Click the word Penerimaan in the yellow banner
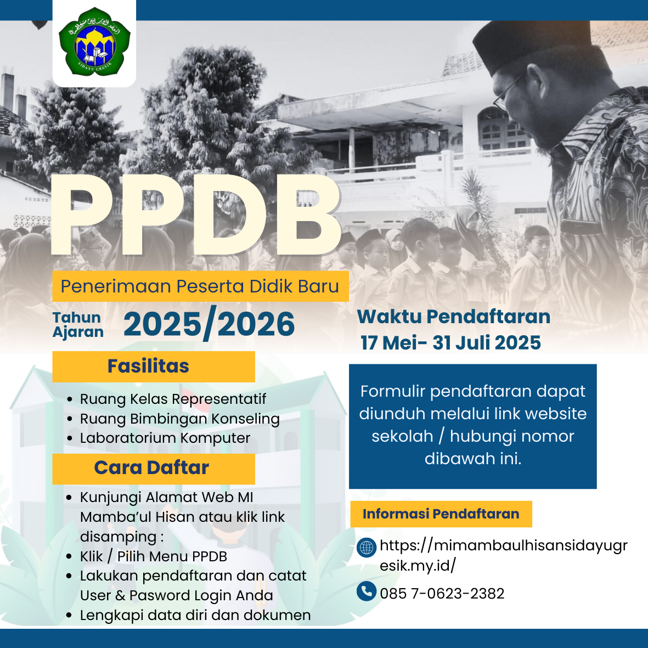(116, 286)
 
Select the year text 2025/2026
(209, 324)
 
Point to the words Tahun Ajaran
(78, 325)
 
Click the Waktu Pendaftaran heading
(454, 317)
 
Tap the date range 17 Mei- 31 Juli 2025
(451, 342)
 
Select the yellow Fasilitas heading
(154, 367)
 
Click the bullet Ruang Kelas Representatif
(173, 399)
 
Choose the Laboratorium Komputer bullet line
(165, 438)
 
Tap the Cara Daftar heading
(154, 469)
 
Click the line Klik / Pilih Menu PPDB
(153, 557)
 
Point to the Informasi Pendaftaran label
(441, 514)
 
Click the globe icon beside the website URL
(367, 548)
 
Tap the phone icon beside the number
(367, 591)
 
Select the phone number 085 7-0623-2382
(442, 594)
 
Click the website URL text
(504, 555)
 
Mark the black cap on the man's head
(533, 43)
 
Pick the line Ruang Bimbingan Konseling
(180, 419)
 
